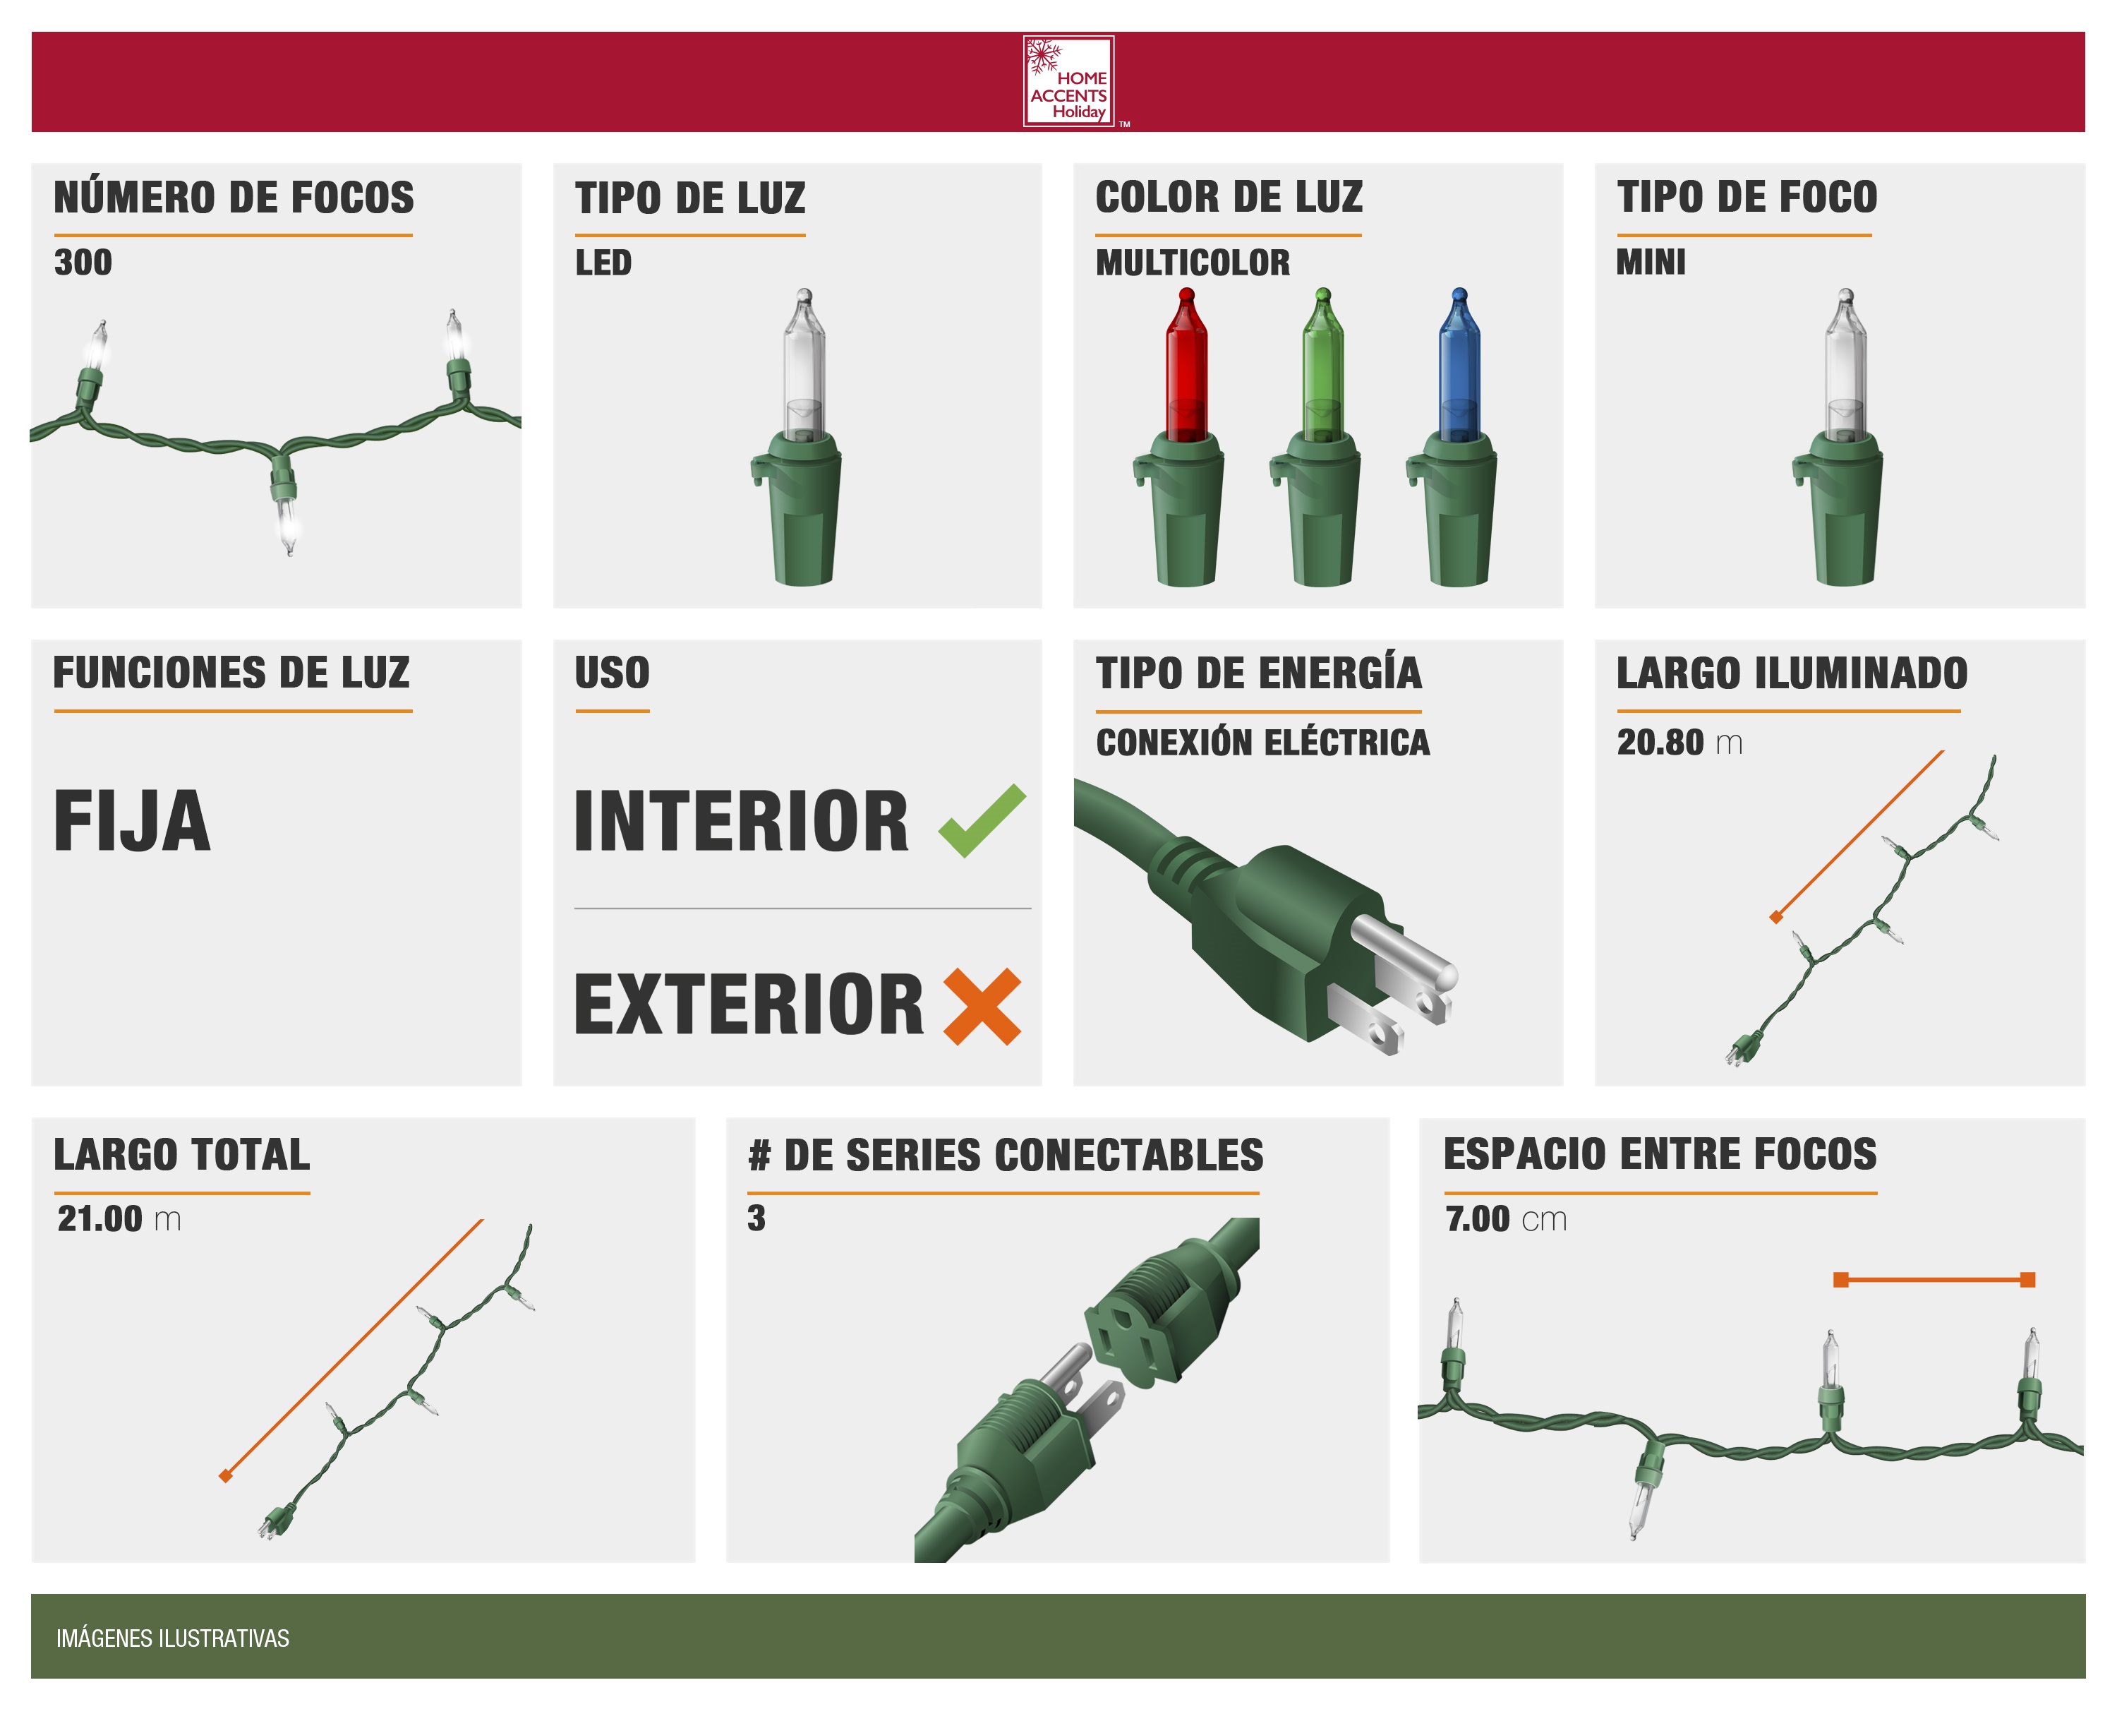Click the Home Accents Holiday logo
coord(1069,82)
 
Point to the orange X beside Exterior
coord(982,1005)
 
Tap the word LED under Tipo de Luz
coord(603,263)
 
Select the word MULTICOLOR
coord(1192,263)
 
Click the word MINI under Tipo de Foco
coord(1651,263)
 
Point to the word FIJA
coord(132,820)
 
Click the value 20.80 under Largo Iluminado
coord(1659,743)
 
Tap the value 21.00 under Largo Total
coord(99,1218)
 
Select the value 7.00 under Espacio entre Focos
coord(1477,1218)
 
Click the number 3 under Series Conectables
coord(756,1218)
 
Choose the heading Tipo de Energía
coord(1259,673)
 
